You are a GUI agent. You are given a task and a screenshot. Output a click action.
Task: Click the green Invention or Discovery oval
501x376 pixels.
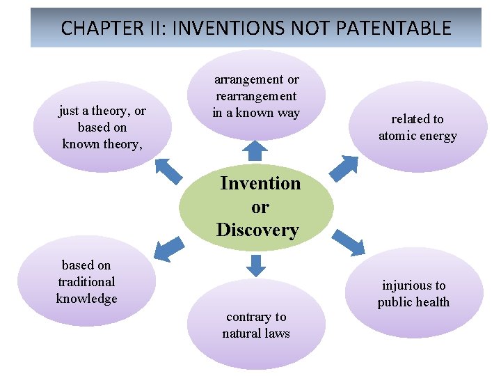(256, 207)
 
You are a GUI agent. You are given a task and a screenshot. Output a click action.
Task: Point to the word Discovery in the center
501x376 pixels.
(257, 230)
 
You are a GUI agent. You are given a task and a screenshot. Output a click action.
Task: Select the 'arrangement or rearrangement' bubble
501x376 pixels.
(256, 96)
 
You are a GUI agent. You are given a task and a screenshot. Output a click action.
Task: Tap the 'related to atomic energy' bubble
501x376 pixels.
(417, 127)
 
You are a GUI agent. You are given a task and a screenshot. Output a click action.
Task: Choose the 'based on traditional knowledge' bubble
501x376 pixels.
(86, 282)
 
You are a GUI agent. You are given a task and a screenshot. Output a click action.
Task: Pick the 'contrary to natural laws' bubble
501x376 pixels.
(256, 325)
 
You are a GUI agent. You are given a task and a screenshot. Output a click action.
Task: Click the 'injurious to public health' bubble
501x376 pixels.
(414, 293)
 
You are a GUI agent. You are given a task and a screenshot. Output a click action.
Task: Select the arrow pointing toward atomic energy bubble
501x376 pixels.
(342, 168)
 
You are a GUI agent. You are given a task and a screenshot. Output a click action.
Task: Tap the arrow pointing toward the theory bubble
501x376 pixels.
(168, 171)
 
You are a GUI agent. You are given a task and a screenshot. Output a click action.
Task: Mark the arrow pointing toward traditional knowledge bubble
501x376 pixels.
(166, 249)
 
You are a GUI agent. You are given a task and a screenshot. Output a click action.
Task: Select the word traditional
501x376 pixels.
(86, 282)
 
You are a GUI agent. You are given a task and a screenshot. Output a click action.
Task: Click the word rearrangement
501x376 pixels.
(256, 96)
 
